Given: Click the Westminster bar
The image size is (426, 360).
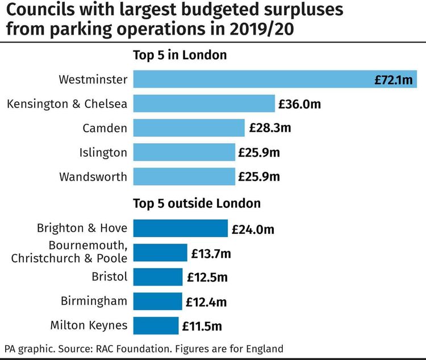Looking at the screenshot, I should [250, 79].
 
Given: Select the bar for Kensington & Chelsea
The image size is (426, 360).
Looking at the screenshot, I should [204, 104].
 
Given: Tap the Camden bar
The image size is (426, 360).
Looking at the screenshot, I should [189, 128].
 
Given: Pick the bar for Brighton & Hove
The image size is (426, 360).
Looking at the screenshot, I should [180, 228].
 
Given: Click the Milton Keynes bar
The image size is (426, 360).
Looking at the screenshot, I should [156, 326].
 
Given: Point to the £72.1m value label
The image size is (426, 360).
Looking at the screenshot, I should [394, 80].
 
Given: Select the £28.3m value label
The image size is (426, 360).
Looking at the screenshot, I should [270, 128].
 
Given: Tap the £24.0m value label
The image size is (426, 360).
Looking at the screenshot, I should [253, 229].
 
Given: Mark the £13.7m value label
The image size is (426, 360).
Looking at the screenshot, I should [212, 253].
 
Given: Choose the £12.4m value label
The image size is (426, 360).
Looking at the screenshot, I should [207, 302].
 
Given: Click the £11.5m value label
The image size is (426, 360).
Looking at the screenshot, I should [202, 326].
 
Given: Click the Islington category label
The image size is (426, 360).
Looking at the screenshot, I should [103, 152].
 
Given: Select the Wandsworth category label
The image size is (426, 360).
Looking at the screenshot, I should [93, 177].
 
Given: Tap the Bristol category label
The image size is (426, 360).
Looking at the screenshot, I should [109, 277].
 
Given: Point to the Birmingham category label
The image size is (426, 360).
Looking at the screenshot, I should [94, 301].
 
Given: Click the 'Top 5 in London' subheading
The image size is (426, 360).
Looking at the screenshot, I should [180, 55].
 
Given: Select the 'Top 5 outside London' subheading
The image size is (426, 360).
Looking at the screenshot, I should [197, 203].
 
